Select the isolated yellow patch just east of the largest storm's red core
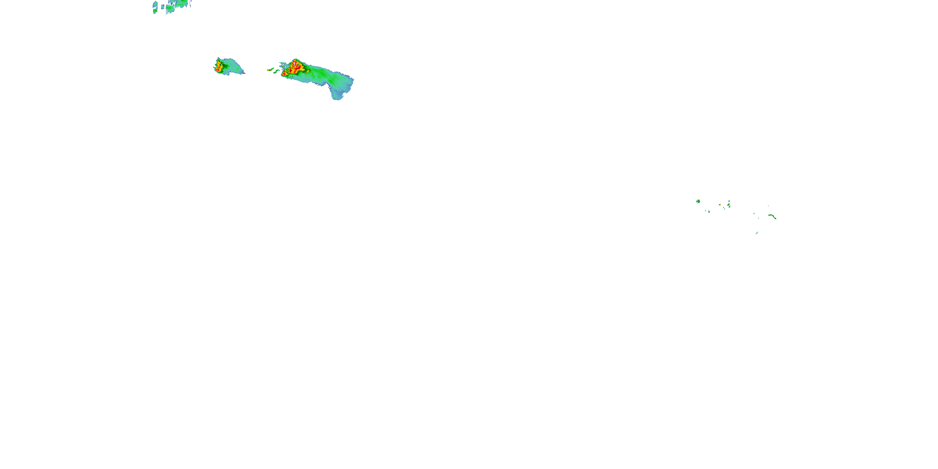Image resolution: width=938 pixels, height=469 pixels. (x=308, y=71)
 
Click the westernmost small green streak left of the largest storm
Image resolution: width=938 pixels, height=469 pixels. (x=270, y=69)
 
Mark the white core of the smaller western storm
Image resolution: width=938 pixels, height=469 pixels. (x=217, y=69)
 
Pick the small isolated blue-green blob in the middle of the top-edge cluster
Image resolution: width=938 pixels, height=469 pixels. (x=163, y=7)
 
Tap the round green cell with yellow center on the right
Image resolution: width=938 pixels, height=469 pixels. (x=698, y=201)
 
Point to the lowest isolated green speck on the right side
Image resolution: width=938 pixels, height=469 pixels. (x=757, y=233)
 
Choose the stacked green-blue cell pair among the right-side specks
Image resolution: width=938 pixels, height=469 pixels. (x=729, y=204)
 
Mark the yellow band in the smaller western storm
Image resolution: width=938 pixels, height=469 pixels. (x=219, y=66)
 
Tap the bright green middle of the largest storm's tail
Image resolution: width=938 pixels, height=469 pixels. (x=320, y=75)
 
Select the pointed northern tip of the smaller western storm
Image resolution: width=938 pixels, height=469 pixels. (x=218, y=58)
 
